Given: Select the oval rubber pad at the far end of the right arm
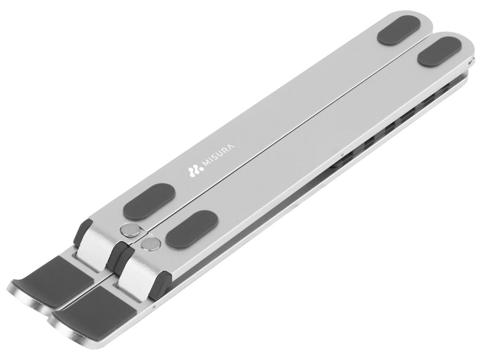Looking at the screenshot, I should (x=440, y=52).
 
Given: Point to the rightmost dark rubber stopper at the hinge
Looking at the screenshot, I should (x=164, y=280).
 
